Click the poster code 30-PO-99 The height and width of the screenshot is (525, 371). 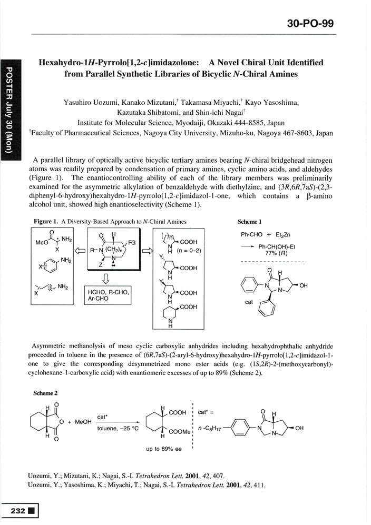point(310,24)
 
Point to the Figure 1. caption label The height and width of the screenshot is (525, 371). point(46,222)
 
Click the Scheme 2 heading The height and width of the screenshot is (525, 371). point(45,392)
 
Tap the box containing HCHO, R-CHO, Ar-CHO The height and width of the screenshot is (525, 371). point(106,295)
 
